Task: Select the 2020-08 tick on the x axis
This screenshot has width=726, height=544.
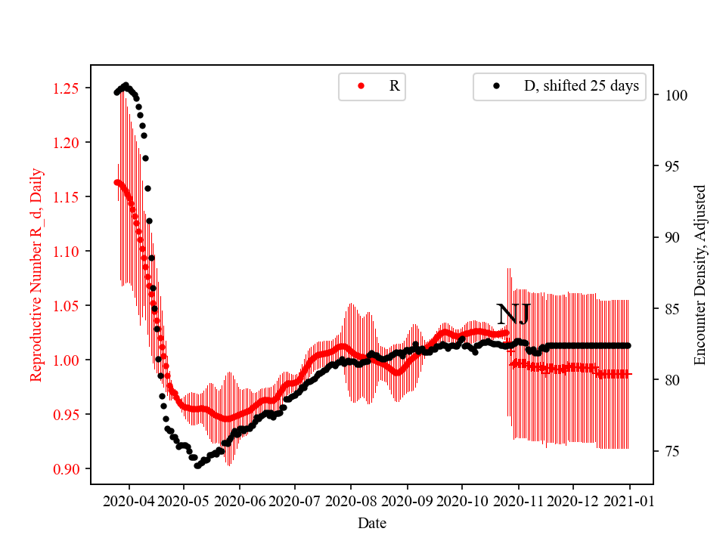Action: pos(351,500)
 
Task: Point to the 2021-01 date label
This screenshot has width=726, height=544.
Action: pos(628,500)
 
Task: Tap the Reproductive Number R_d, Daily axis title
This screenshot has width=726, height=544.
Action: pos(36,275)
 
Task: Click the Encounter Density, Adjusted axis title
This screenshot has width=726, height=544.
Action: pos(700,275)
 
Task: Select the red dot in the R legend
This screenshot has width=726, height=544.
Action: pos(361,86)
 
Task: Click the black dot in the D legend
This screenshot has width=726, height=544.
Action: pos(496,86)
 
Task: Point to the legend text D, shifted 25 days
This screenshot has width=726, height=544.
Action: pos(582,86)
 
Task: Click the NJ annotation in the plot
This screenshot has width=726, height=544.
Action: pos(513,314)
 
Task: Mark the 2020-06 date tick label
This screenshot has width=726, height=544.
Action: pos(240,500)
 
